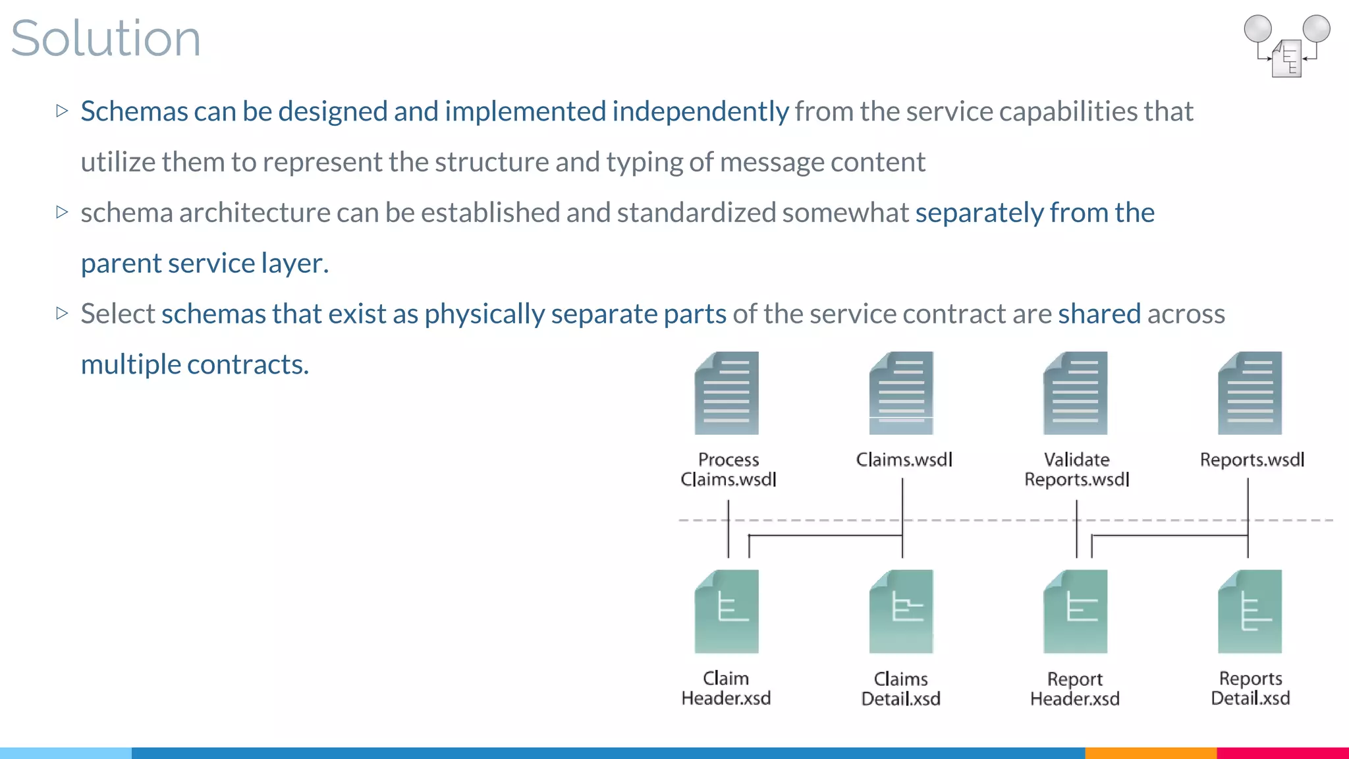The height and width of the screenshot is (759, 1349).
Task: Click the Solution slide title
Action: pos(105,38)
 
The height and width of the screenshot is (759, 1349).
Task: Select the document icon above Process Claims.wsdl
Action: pos(727,393)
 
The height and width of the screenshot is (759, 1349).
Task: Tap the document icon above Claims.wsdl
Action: pos(901,393)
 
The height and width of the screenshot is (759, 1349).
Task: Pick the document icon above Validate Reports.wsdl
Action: pos(1075,393)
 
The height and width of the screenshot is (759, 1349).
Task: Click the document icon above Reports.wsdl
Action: pos(1250,393)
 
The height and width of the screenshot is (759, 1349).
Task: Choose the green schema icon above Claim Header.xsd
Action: pos(727,611)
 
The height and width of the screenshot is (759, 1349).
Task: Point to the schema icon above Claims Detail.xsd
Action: pos(901,611)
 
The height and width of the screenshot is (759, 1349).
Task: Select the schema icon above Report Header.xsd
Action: pos(1075,611)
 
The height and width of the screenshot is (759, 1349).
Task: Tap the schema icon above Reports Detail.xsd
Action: pos(1250,611)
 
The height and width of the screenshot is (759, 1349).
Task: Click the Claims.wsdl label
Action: pos(904,459)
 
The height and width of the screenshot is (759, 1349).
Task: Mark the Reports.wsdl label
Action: pos(1252,459)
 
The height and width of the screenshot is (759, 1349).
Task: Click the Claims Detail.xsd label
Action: pos(900,689)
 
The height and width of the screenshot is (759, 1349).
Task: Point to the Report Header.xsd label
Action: pos(1074,689)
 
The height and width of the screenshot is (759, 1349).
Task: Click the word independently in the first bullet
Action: pos(700,111)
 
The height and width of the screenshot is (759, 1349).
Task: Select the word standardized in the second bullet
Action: pos(696,213)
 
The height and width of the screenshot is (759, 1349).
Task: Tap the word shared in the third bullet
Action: pos(1099,314)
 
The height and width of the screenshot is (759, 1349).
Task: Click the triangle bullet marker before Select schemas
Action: pos(63,313)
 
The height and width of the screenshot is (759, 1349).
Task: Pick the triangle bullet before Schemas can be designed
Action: pos(63,111)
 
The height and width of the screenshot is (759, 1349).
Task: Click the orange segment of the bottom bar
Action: pos(1150,752)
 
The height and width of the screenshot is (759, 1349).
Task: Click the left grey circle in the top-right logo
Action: pos(1257,29)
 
